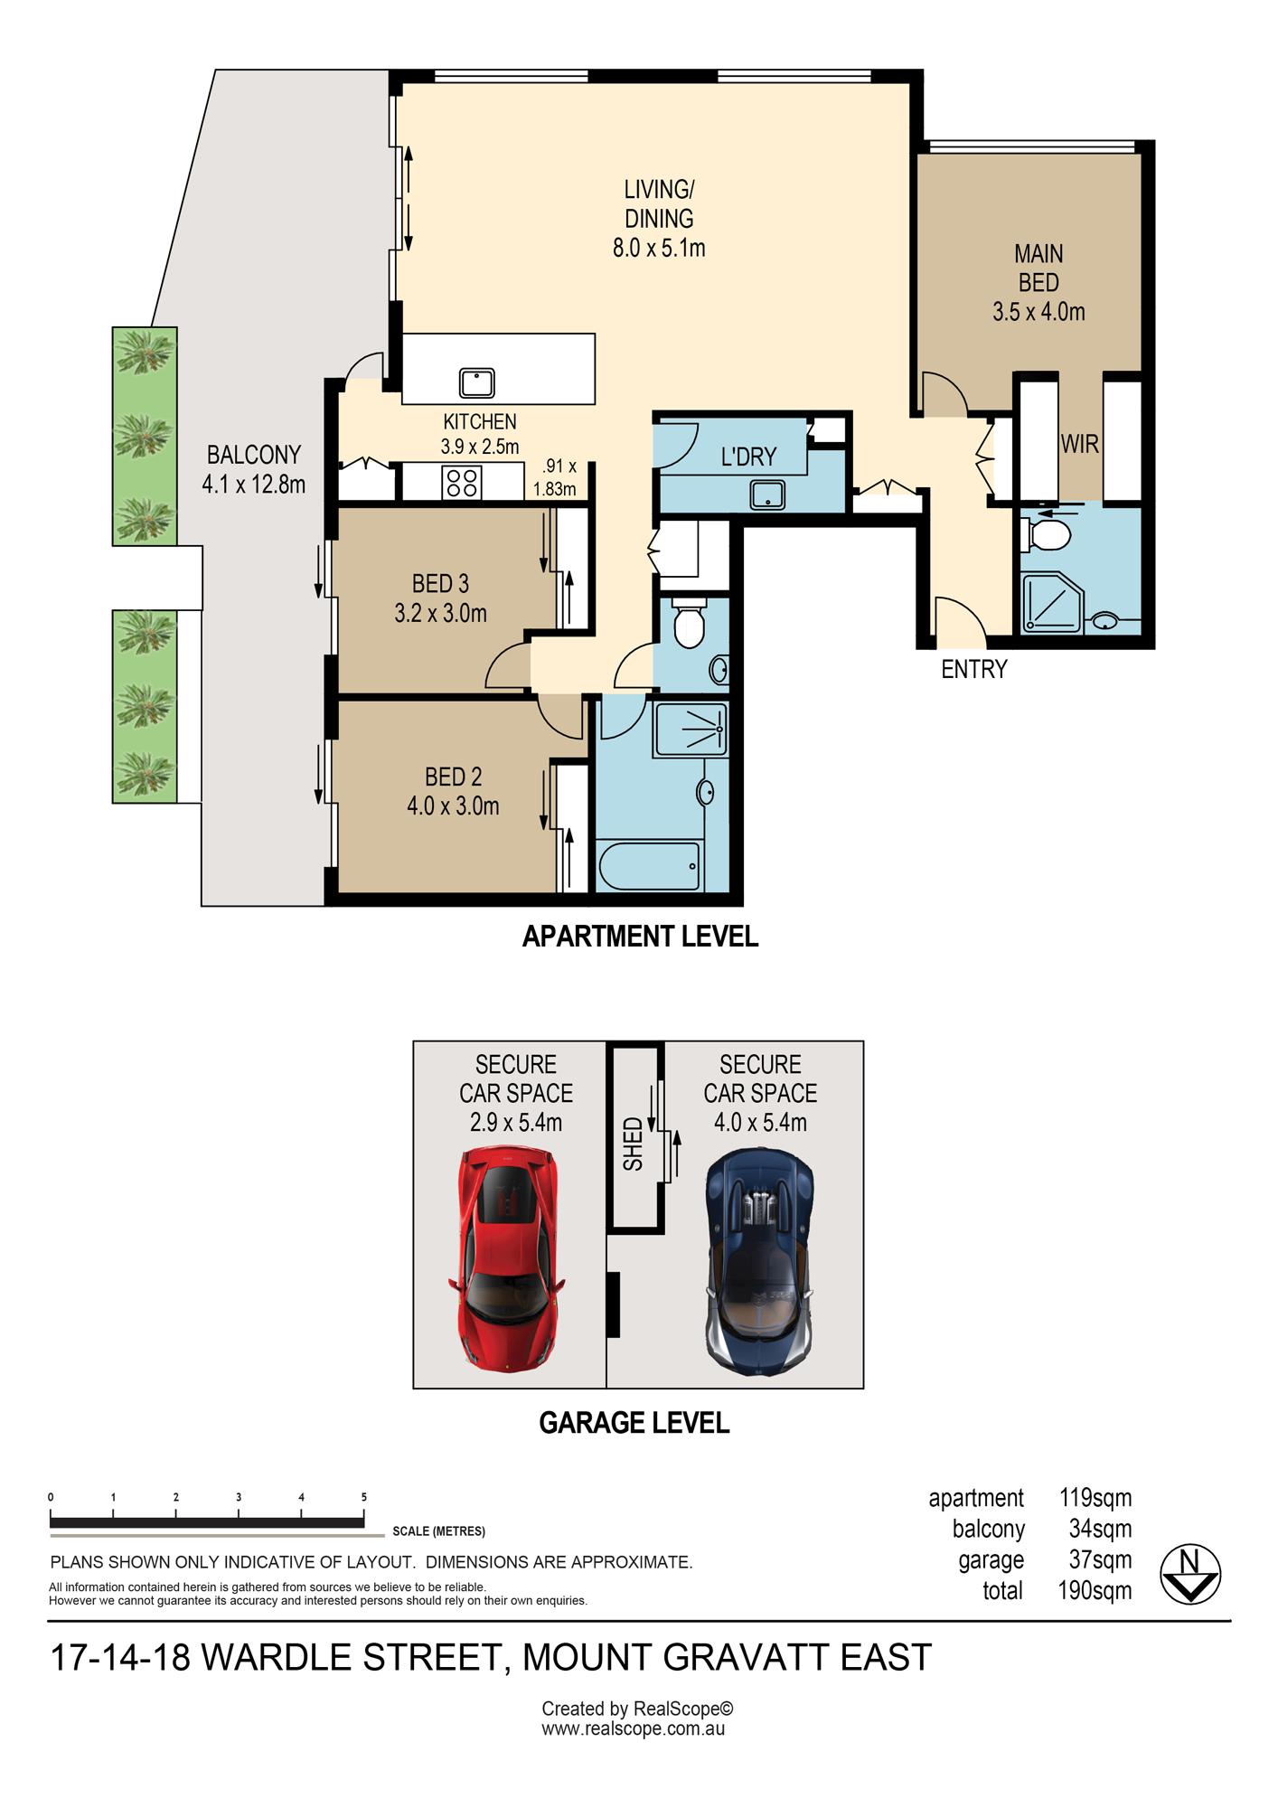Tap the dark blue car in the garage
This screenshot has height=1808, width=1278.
click(x=761, y=1262)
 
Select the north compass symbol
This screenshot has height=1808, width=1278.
click(x=1190, y=1574)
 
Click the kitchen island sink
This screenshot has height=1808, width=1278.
click(x=475, y=381)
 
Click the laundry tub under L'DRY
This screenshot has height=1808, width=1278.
click(x=766, y=494)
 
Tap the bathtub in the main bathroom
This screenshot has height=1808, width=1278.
click(x=649, y=866)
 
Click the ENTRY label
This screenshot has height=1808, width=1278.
click(x=974, y=669)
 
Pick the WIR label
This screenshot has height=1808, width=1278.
click(x=1080, y=444)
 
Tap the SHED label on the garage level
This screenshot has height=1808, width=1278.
click(x=633, y=1144)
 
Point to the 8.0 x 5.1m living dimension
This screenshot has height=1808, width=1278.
click(x=659, y=248)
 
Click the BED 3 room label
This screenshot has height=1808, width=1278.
click(x=440, y=584)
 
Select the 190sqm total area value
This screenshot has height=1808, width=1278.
click(x=1095, y=1590)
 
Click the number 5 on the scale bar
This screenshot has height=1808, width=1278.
click(x=364, y=1497)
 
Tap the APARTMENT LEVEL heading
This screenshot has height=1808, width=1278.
click(x=640, y=937)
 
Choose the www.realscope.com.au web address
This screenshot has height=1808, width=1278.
click(x=633, y=1729)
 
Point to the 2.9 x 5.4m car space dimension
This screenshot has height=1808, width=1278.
click(x=516, y=1123)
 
